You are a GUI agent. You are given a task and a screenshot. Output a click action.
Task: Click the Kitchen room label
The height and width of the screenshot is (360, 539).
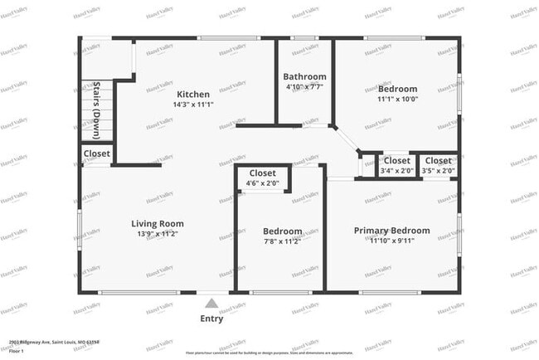pos(192,94)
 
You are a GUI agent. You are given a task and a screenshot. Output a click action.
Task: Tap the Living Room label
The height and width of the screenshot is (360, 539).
pos(158,224)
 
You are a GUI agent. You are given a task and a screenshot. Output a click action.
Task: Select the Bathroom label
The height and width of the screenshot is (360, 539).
pos(304,76)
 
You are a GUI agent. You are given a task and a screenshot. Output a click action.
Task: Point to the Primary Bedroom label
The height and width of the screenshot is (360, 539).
pos(391,231)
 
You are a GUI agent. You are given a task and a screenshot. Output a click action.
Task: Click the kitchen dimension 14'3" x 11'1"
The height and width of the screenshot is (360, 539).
pos(192,105)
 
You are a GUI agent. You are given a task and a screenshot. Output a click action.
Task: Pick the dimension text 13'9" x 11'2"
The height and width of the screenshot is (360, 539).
pos(158,236)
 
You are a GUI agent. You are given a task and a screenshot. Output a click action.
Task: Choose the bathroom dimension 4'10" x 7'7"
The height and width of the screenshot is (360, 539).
pos(304,87)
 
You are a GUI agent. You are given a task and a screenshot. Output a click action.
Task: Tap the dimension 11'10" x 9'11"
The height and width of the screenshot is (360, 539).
pos(391,241)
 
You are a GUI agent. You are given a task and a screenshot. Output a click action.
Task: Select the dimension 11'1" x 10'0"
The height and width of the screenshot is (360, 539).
pos(397,100)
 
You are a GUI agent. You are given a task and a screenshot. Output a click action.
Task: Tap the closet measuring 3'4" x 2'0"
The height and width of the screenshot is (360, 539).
pos(396,166)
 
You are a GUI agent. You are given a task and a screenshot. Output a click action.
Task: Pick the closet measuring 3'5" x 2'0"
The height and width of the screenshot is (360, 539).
pos(437,166)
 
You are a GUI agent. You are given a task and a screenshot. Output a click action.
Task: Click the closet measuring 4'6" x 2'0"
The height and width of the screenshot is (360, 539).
pos(263,178)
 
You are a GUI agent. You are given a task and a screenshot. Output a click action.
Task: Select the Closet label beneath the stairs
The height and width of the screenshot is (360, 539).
pos(96,154)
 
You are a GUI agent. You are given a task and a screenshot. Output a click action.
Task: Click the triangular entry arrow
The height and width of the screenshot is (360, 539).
pos(212,303)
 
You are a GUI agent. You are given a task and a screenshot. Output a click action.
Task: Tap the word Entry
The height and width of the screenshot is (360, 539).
pos(212,318)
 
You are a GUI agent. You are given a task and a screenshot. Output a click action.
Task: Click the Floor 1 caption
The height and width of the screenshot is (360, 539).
pos(17,351)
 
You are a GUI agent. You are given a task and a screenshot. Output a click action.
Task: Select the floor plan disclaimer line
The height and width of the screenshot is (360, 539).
pos(269,352)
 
